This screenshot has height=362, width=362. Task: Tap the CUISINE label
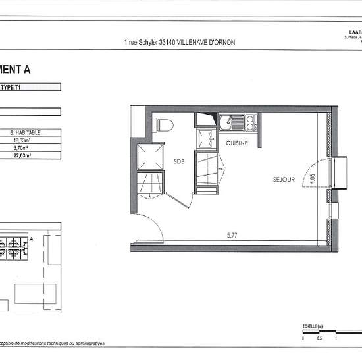click(x=237, y=143)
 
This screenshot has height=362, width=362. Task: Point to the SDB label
click(x=178, y=161)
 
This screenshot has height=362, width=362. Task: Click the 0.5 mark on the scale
click(x=319, y=339)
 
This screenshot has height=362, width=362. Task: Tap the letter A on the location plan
click(x=31, y=240)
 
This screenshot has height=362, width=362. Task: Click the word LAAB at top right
click(x=353, y=32)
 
